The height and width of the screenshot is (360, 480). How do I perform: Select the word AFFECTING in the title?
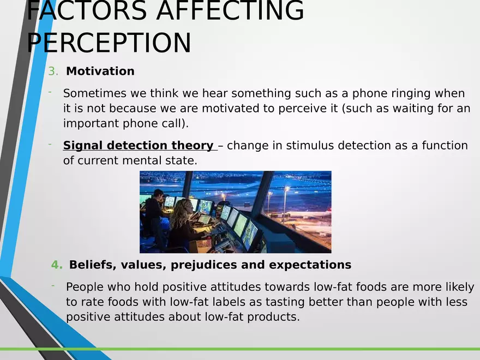click(230, 11)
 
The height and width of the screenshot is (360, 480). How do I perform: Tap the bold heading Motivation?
click(100, 71)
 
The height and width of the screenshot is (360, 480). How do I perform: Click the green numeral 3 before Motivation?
click(52, 71)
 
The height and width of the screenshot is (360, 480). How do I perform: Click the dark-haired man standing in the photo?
click(155, 214)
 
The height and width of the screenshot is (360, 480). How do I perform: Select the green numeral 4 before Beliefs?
click(56, 265)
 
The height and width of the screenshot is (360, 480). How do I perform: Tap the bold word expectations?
click(310, 265)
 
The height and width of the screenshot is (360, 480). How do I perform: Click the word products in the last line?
click(273, 317)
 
